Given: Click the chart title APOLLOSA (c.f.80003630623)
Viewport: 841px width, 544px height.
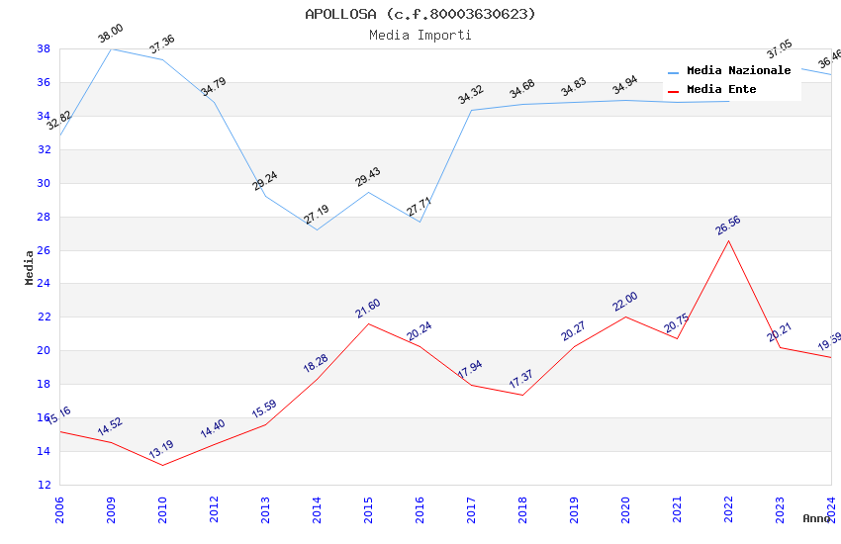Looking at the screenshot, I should pos(420,14).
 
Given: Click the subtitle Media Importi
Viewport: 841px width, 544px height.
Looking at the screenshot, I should pos(420,35).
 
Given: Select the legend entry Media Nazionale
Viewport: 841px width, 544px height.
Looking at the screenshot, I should pos(738,71).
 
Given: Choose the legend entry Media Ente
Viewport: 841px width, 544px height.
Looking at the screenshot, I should pos(721,90).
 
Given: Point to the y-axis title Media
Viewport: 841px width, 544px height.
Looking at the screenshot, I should pos(30,267).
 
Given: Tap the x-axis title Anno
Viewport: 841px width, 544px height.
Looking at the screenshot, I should pos(816,518).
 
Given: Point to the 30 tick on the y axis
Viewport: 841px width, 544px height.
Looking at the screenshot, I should pos(45,183).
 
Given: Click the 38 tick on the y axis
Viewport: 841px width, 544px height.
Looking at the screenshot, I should pos(45,48).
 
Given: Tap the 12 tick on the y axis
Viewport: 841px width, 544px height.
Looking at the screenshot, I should pos(45,485).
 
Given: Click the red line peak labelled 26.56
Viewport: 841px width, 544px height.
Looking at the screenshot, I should pos(729,240).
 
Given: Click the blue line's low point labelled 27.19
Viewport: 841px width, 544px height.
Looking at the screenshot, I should pos(317,229).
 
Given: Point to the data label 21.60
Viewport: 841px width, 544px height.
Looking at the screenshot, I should pos(367,309).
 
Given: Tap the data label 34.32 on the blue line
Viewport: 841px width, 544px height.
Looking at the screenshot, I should pos(470,95).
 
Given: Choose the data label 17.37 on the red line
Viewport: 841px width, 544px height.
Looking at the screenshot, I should pos(521,380).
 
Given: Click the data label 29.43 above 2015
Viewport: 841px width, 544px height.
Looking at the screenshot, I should pos(367,177).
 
